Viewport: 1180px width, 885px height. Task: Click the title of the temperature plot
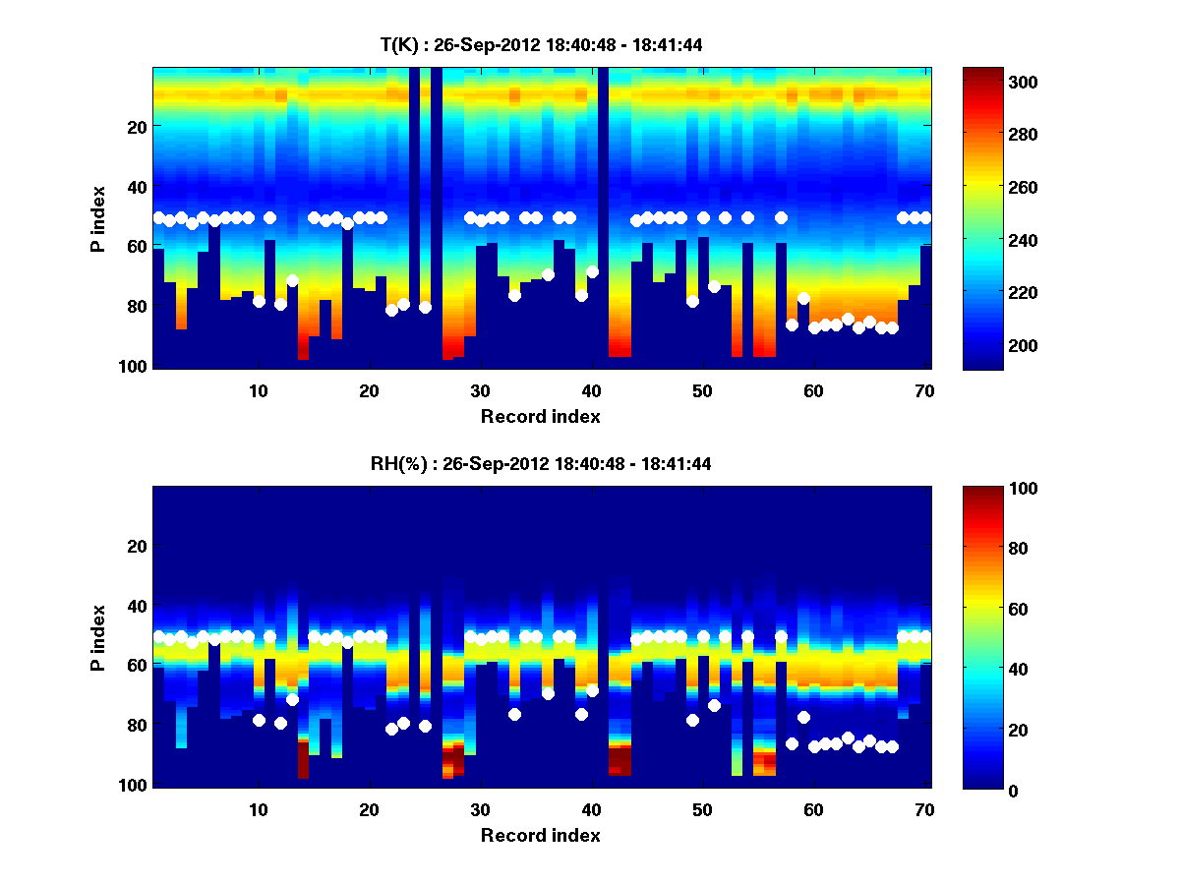coord(541,44)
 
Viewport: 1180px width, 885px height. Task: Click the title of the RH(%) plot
coord(541,463)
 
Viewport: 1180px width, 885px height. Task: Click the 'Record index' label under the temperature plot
coord(541,416)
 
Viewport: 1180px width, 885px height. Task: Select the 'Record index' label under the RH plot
coord(541,835)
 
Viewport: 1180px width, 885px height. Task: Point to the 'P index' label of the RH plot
coord(98,637)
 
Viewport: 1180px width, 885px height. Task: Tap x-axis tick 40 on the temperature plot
coord(591,390)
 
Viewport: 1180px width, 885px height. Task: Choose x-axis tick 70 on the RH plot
coord(924,809)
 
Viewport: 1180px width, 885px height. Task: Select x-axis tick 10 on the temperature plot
coord(258,390)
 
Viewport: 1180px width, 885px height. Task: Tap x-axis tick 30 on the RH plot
coord(480,809)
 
